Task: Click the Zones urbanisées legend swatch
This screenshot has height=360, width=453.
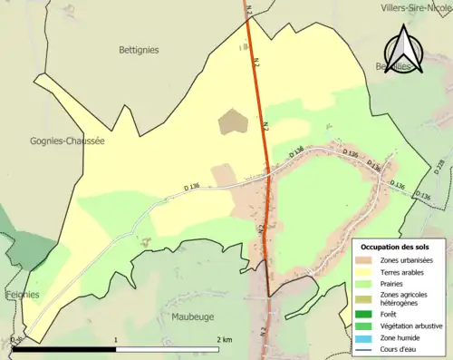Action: tap(369, 261)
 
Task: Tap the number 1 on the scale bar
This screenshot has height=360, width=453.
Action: tap(116, 338)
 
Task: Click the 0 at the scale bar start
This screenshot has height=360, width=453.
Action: tap(14, 338)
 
